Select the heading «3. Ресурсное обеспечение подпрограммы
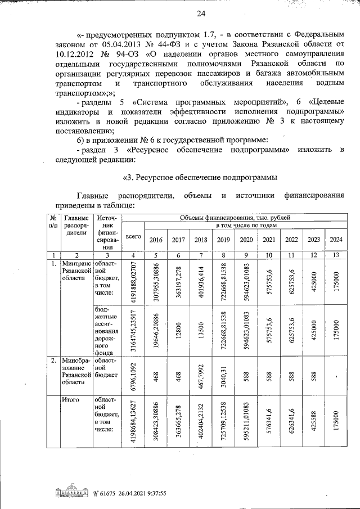200,178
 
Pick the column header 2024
335,240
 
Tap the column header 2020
246,240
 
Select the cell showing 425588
313,422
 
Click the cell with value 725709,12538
223,422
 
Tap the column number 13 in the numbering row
335,255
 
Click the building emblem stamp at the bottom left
72,493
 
